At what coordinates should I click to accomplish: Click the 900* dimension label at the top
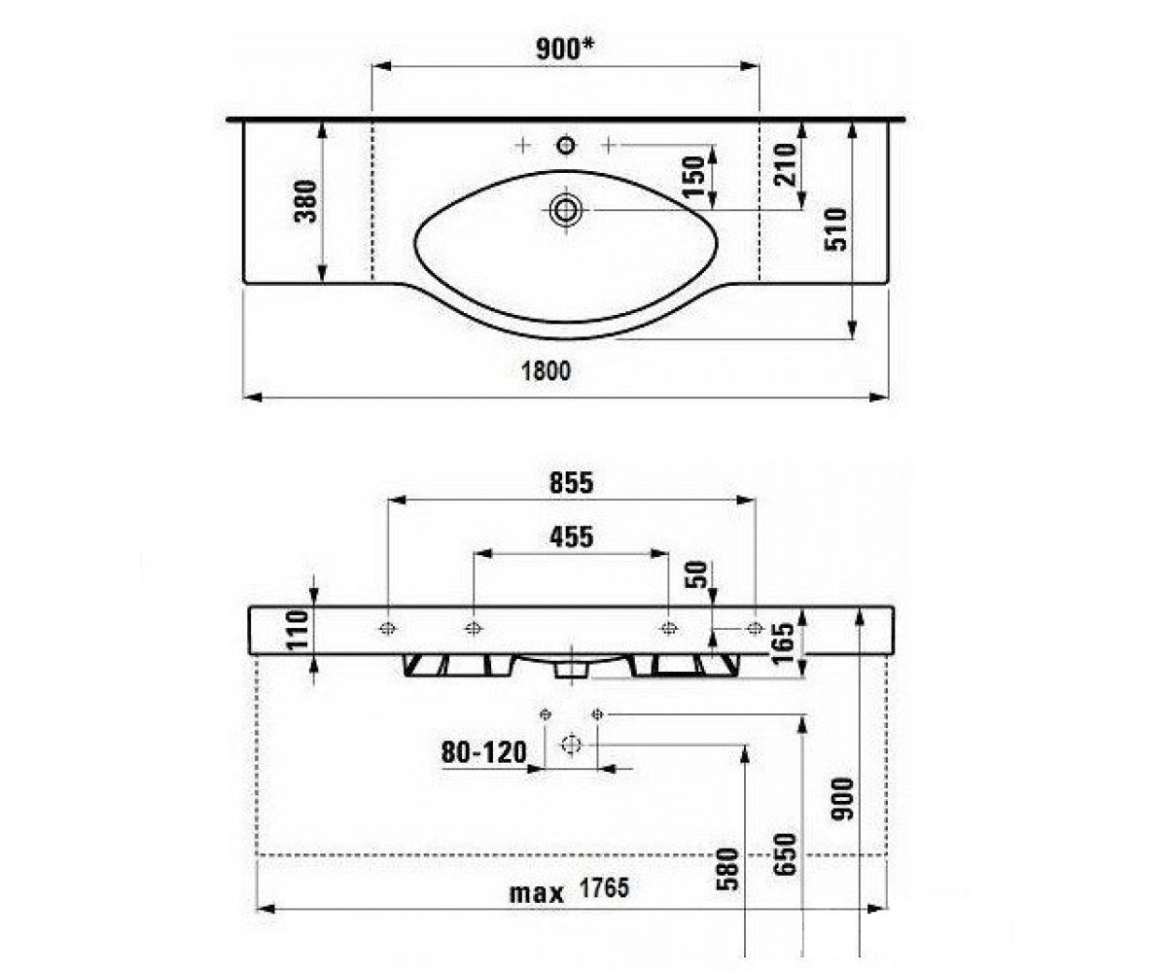[x=564, y=49]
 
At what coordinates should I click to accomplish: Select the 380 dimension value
[x=306, y=201]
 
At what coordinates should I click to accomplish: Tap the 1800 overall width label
[x=546, y=371]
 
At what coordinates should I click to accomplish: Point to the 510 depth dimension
[x=836, y=229]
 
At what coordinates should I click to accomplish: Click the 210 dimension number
[x=786, y=165]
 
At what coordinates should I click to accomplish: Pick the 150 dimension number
[x=694, y=177]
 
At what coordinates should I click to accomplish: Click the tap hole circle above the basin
[x=566, y=146]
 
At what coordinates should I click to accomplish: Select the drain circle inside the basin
[x=566, y=210]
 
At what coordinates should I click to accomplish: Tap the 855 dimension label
[x=571, y=483]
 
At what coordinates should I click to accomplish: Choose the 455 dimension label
[x=571, y=538]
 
